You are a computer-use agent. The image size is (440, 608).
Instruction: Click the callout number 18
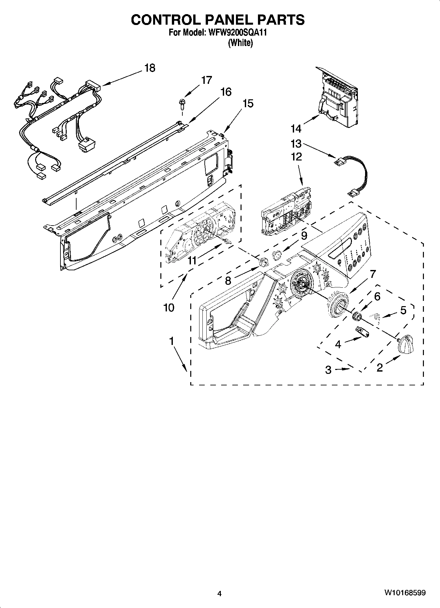(150, 68)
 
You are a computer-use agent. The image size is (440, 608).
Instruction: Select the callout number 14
(296, 128)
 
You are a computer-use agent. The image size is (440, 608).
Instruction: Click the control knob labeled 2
(405, 344)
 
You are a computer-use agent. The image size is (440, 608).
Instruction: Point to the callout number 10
(169, 308)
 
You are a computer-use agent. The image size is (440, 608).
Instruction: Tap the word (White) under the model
(240, 43)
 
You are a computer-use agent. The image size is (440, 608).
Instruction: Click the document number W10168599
(405, 593)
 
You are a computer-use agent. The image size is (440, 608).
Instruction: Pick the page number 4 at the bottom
(220, 594)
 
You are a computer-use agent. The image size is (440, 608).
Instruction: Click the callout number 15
(248, 104)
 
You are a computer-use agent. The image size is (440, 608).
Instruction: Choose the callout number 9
(304, 235)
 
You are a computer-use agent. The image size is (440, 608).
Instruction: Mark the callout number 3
(328, 370)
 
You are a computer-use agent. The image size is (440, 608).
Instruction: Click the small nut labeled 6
(356, 316)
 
